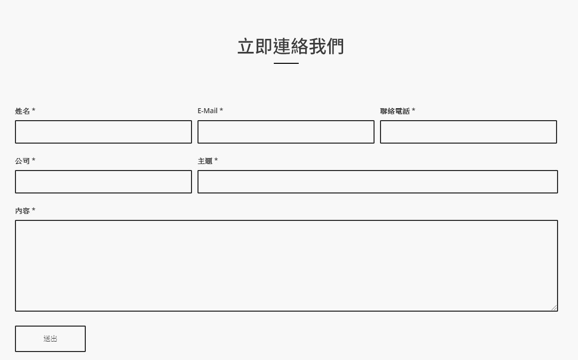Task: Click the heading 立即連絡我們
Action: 290,46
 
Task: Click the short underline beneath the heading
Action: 286,63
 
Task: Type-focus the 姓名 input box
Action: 103,132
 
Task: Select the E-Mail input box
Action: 286,132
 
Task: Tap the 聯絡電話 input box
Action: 468,132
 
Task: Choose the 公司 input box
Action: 103,181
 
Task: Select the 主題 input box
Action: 378,181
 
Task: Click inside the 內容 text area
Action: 286,266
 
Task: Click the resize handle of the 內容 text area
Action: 554,308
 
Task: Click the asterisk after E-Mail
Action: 221,110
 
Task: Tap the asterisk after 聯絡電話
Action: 413,110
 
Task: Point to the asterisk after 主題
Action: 216,160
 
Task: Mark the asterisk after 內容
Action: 33,209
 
